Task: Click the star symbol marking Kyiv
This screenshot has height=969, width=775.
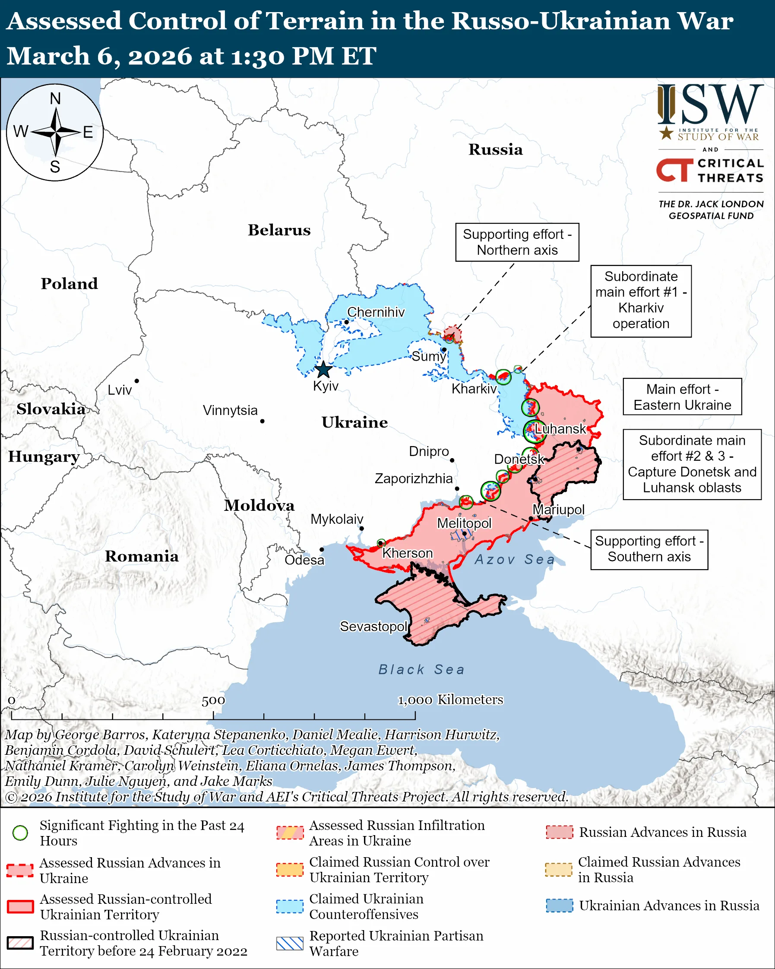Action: (323, 370)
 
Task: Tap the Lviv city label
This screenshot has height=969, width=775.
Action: (120, 389)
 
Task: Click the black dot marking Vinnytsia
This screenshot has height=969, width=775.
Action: (263, 421)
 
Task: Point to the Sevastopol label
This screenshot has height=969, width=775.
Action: (373, 626)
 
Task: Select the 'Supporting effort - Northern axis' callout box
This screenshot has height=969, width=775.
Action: (517, 242)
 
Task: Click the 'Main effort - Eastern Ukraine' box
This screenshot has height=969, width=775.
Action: (682, 397)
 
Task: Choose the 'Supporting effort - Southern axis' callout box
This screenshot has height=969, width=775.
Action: (649, 549)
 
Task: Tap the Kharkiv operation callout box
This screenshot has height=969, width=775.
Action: (641, 300)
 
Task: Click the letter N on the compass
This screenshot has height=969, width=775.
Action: (55, 98)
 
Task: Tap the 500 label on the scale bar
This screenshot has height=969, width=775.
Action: (213, 701)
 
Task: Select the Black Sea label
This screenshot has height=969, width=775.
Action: (421, 670)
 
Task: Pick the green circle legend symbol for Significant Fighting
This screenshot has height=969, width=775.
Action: (20, 833)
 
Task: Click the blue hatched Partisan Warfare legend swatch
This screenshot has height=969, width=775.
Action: (290, 944)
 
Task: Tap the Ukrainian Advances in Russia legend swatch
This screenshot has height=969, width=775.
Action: (560, 906)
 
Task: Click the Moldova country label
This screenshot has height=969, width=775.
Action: (259, 506)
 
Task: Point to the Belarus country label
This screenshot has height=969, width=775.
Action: (279, 230)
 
